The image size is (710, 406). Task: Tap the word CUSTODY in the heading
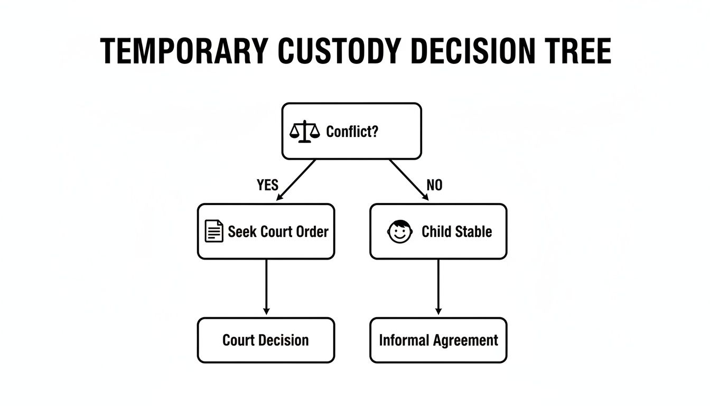[337, 52]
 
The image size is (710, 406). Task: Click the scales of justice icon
[305, 131]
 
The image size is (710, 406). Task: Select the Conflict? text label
[352, 131]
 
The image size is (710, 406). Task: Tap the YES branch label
[267, 185]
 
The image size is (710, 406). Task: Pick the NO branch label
[434, 185]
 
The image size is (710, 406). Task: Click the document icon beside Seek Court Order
[213, 232]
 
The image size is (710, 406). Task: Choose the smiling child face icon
[400, 232]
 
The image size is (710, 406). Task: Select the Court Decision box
[266, 340]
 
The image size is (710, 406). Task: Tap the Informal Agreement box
[438, 340]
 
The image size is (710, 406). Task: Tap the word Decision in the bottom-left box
[287, 340]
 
